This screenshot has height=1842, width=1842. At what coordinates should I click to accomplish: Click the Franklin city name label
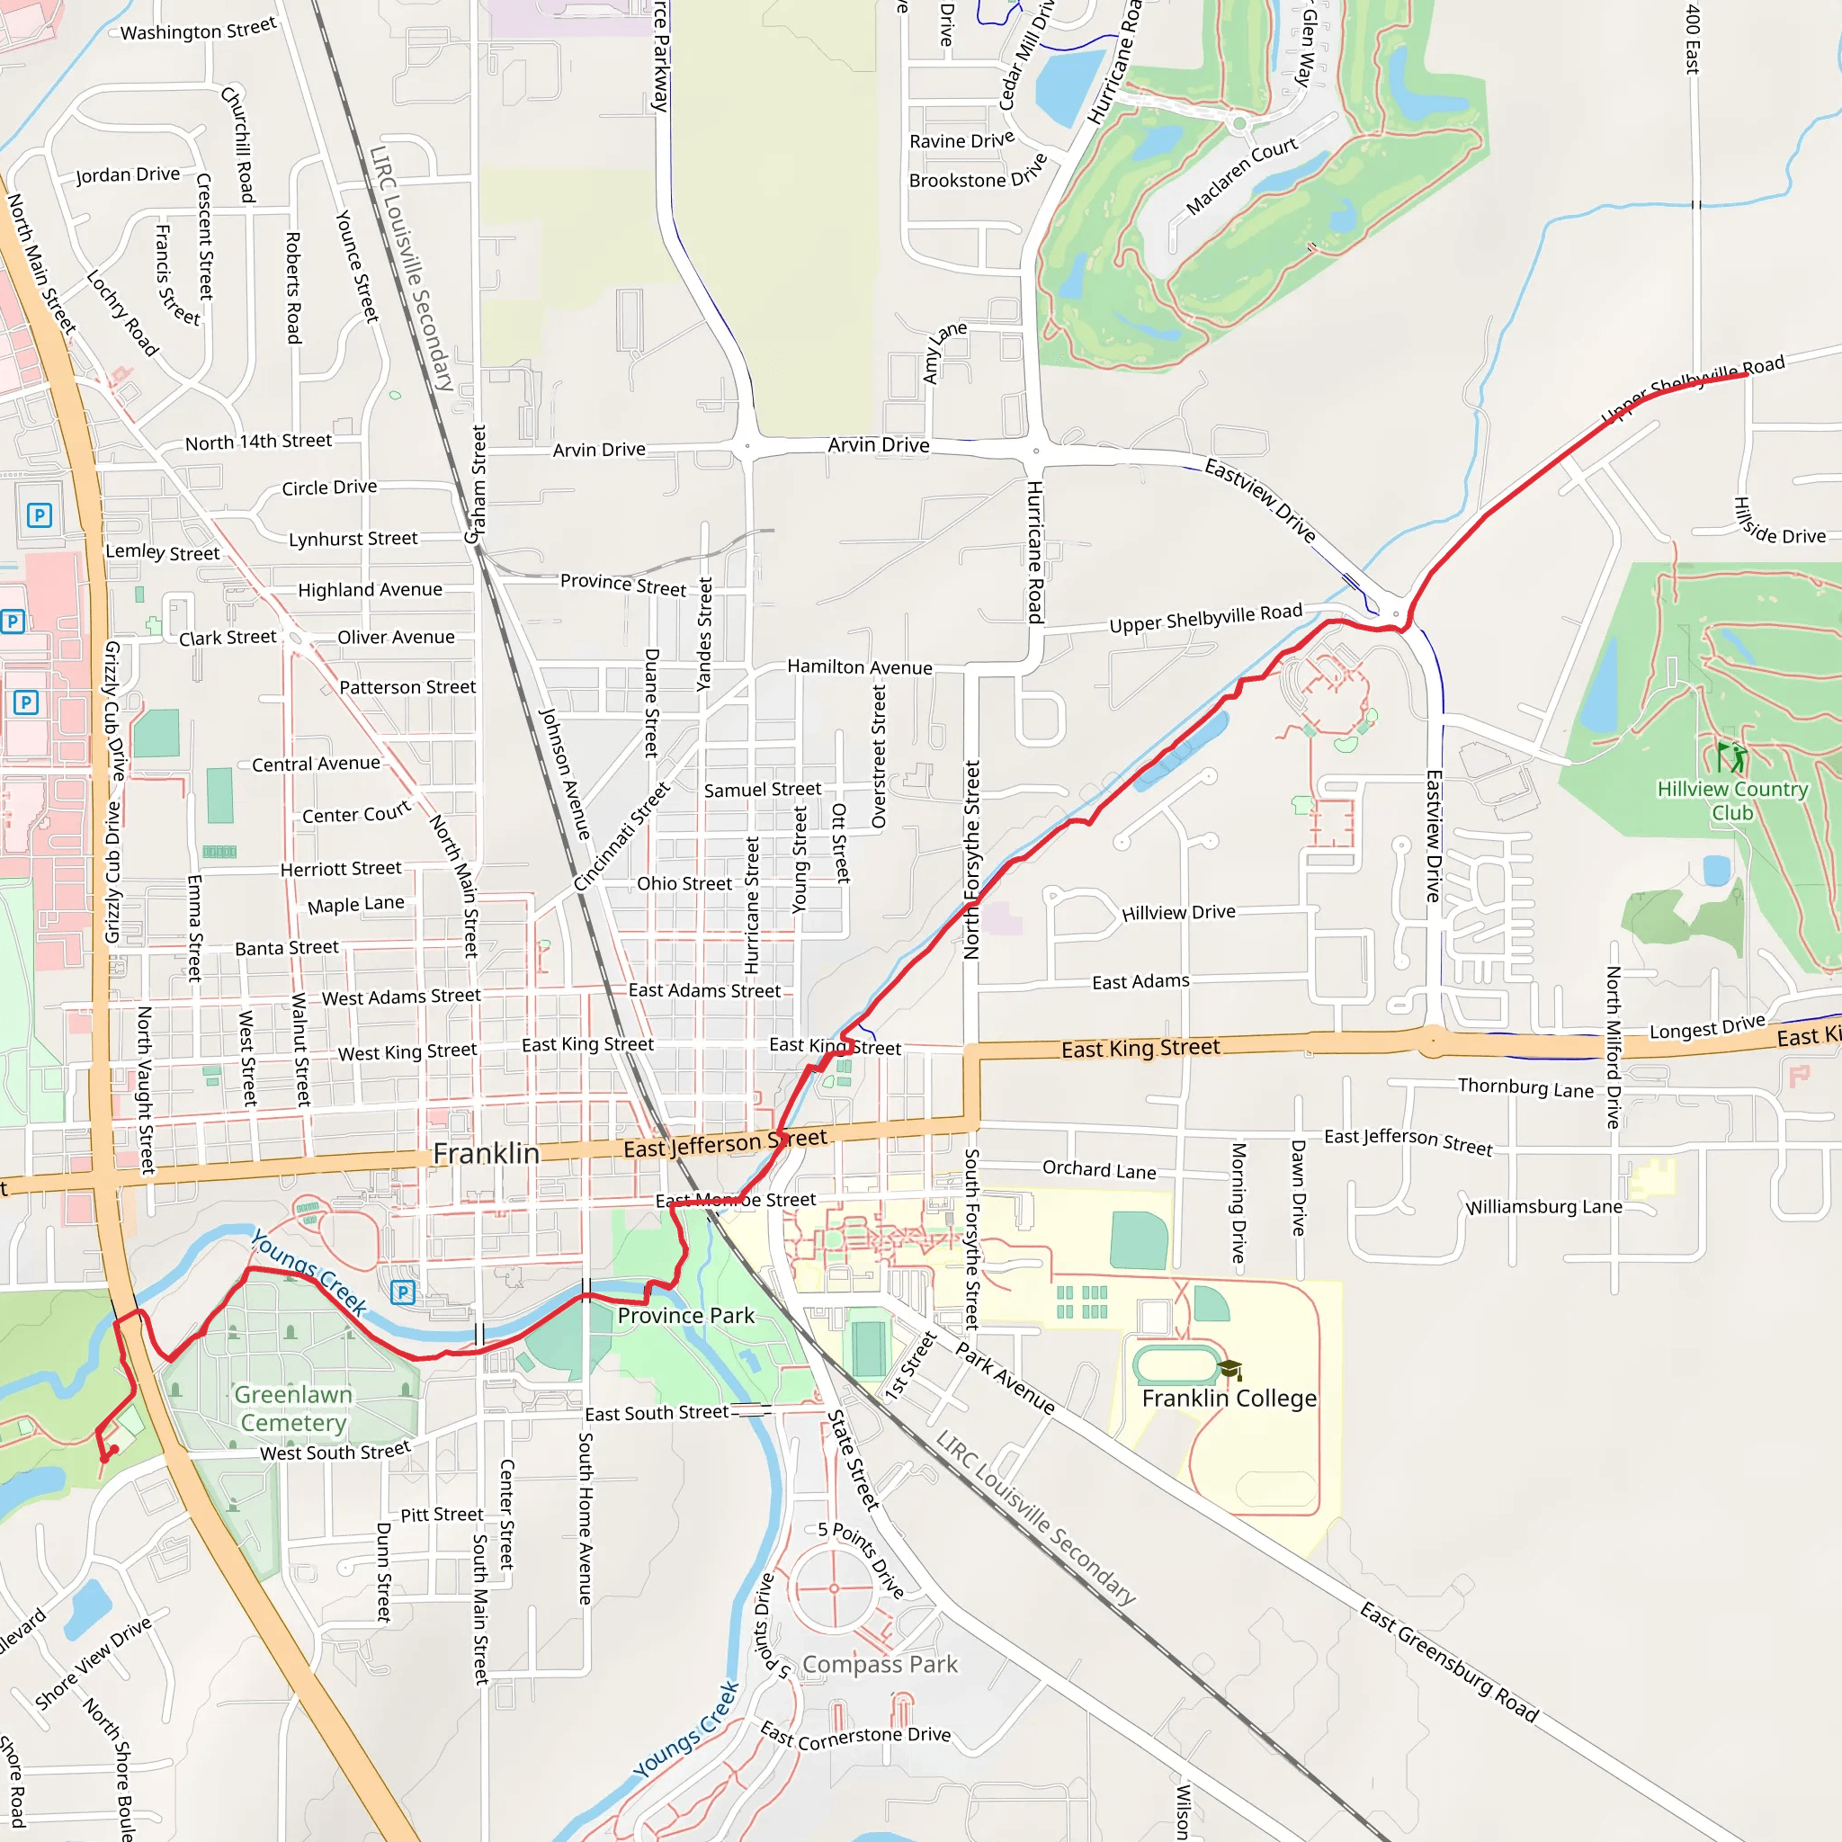point(487,1154)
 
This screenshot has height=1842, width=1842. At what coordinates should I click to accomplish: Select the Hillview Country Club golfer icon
point(1731,758)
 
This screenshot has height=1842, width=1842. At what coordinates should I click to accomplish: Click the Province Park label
point(685,1316)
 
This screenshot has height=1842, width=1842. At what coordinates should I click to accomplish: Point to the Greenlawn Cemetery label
point(292,1408)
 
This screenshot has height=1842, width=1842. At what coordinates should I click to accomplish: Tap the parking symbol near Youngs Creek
point(402,1292)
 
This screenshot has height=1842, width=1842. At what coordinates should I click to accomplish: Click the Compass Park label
point(879,1664)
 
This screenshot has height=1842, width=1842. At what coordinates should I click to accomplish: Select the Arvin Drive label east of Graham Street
point(599,450)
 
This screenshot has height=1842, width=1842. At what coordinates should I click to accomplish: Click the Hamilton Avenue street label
point(859,667)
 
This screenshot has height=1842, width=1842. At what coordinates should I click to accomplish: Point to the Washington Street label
point(198,30)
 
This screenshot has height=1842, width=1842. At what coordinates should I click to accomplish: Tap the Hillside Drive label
point(1778,523)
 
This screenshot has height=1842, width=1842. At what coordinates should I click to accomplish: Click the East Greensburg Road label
point(1449,1662)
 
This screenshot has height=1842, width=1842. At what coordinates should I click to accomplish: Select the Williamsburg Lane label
point(1544,1207)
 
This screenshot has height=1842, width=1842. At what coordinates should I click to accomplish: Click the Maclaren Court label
point(1240,176)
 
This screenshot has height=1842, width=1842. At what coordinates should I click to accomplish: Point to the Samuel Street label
point(762,790)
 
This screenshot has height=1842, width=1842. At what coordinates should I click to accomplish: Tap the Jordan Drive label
point(128,174)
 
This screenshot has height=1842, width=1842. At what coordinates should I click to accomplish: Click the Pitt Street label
point(442,1514)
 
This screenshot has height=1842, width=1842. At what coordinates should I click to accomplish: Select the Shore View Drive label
point(93,1663)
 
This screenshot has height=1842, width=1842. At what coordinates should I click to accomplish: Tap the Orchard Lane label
point(1098,1169)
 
